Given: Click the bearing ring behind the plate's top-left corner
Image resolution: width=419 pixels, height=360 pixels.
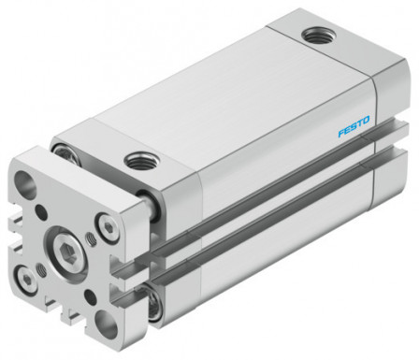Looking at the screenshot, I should (65, 150).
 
